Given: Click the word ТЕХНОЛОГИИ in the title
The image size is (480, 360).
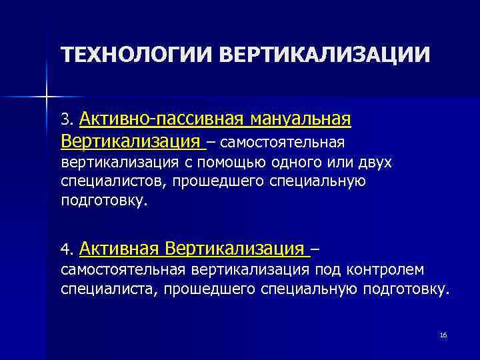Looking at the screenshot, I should (x=126, y=55).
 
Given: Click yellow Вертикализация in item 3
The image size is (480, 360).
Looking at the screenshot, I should (x=131, y=141).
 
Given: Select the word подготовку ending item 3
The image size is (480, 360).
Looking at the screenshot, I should (x=102, y=201).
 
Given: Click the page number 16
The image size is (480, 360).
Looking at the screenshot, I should (x=443, y=335).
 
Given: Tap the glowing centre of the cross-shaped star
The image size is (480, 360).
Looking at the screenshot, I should (x=47, y=97).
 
